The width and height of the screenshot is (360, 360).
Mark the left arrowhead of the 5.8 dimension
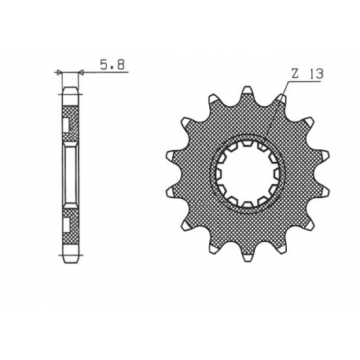pyautogui.click(x=60, y=72)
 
